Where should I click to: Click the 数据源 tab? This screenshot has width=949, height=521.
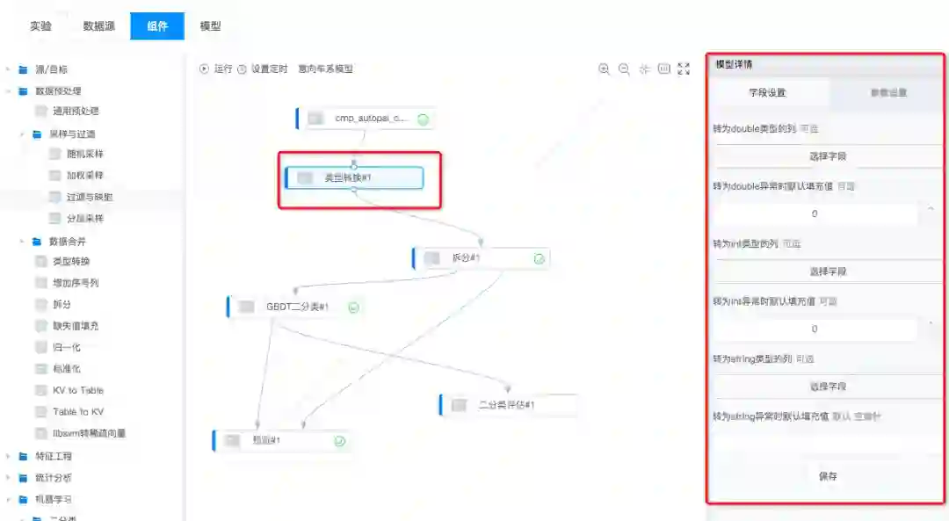99,26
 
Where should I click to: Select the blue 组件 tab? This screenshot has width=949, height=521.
157,26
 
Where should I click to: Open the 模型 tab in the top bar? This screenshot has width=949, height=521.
211,26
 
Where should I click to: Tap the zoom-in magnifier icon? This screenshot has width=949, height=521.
604,69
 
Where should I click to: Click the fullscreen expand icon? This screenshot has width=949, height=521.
684,69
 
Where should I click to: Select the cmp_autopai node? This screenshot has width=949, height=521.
366,119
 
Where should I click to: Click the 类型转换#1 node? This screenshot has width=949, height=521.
354,177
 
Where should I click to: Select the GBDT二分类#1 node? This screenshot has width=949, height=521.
295,307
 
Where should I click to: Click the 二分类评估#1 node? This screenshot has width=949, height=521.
507,405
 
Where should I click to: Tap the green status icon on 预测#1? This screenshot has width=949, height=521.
339,441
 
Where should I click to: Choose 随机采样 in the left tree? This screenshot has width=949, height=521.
84,154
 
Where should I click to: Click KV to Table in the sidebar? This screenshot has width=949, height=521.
77,390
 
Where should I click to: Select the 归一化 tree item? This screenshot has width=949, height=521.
67,347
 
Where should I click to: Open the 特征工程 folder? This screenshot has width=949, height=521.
53,456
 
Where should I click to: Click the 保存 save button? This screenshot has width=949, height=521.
827,476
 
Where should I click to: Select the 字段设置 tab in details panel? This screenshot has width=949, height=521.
767,92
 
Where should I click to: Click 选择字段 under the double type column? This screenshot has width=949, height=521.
827,156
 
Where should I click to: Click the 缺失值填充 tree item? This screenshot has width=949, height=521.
76,326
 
